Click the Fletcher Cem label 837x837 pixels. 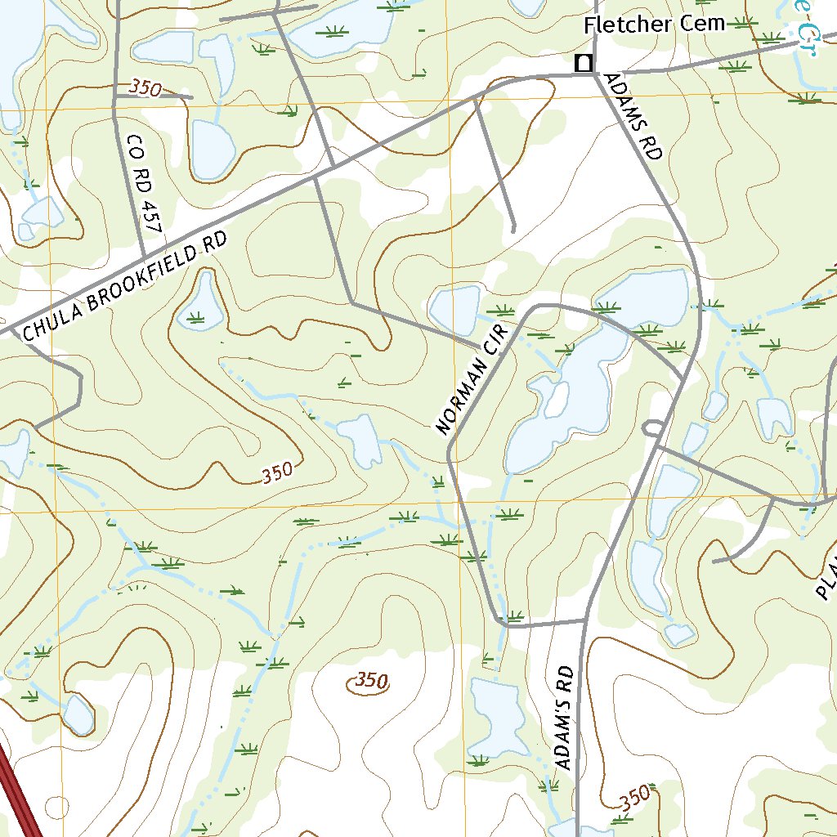[654, 25]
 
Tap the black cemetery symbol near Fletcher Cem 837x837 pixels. [584, 63]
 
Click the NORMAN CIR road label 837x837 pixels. [472, 378]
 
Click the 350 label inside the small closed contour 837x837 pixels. [370, 681]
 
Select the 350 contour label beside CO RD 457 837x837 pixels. [145, 88]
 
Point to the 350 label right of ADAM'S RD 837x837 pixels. [634, 796]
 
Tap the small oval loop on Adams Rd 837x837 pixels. [653, 427]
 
